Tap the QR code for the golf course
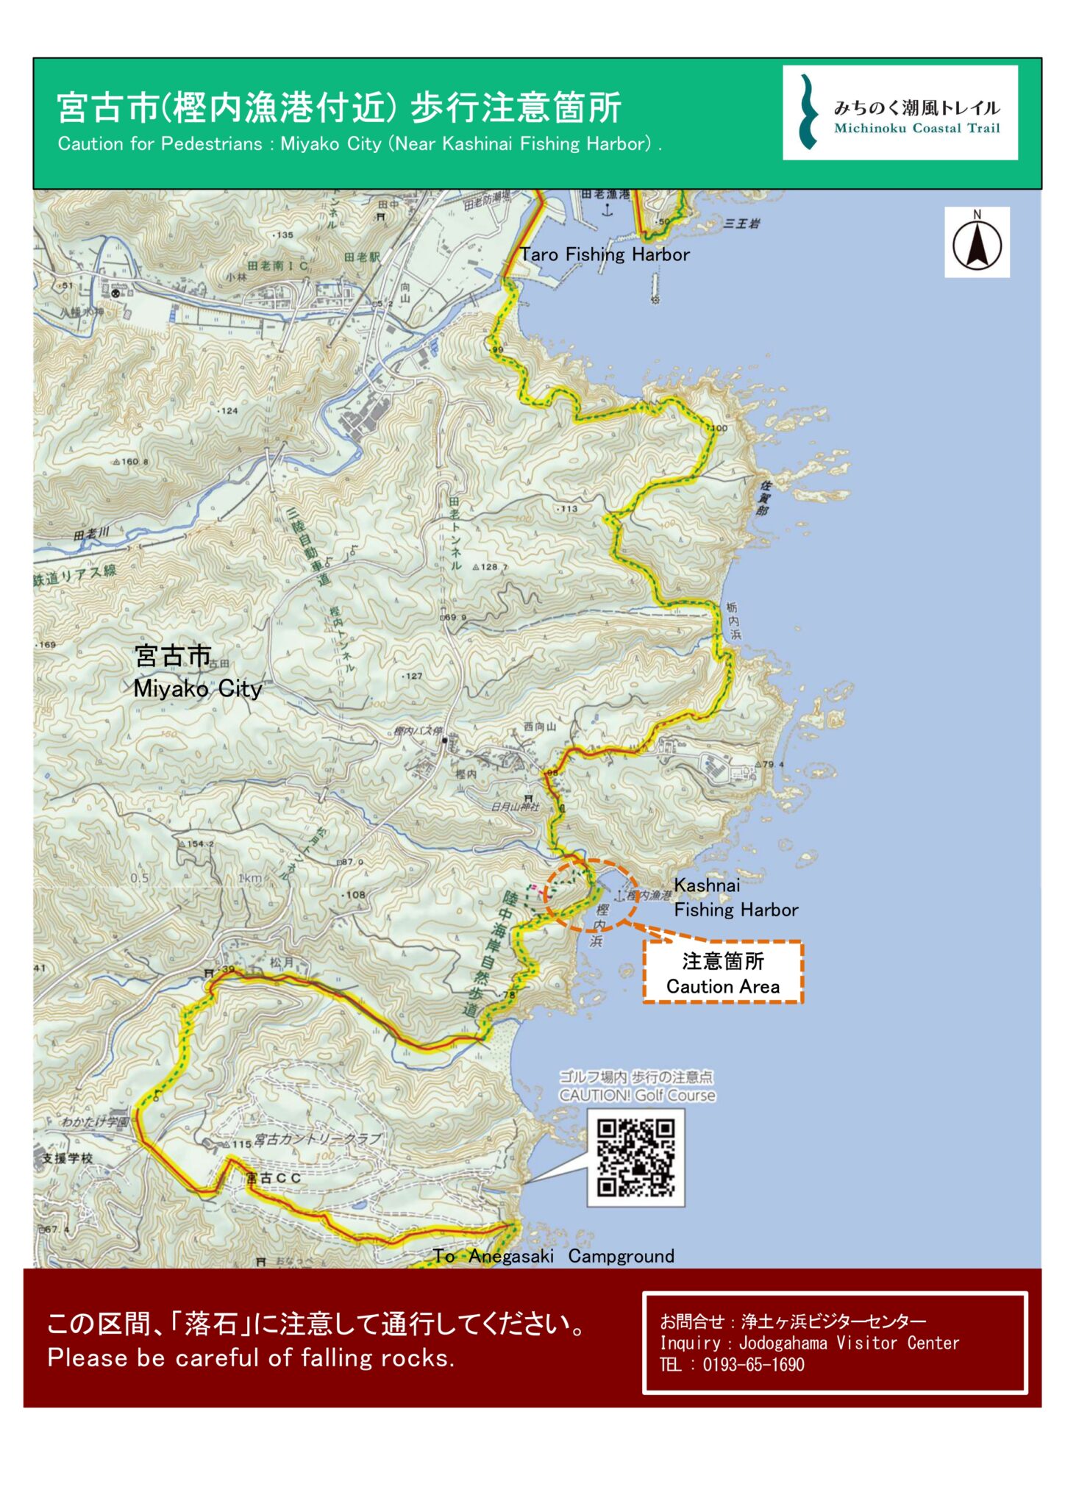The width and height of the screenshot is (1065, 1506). click(635, 1158)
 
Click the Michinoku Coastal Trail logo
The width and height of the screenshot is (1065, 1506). click(900, 113)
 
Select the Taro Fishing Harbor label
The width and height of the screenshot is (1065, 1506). click(605, 254)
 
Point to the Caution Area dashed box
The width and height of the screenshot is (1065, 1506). click(723, 973)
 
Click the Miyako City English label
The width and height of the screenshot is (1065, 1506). click(197, 689)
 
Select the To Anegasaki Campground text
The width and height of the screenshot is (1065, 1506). click(553, 1256)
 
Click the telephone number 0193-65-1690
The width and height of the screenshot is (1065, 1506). click(753, 1365)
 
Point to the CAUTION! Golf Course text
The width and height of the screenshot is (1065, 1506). click(637, 1096)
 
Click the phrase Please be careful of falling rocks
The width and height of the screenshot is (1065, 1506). click(251, 1357)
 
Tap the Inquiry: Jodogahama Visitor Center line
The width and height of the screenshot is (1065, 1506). click(809, 1343)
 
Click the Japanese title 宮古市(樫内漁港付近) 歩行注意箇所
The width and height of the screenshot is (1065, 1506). click(339, 107)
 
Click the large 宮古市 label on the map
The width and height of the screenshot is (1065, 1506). click(173, 656)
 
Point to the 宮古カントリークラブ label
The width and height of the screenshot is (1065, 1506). click(318, 1140)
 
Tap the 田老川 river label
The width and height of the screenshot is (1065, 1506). click(91, 534)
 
